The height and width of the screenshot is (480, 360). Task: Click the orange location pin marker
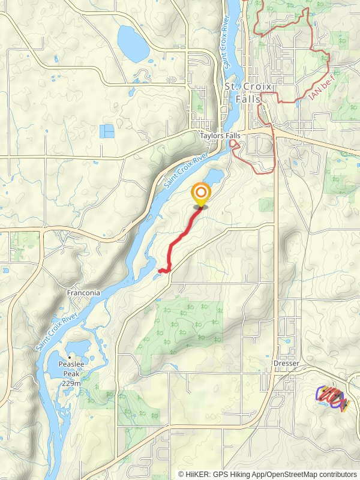tap(200, 194)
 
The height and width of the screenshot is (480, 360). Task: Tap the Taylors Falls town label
tap(220, 136)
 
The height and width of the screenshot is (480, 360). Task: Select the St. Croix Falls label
tap(248, 92)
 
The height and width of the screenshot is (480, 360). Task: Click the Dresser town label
tap(285, 363)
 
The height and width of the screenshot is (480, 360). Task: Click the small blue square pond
tap(107, 131)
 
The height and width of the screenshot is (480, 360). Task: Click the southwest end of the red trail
tap(161, 271)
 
